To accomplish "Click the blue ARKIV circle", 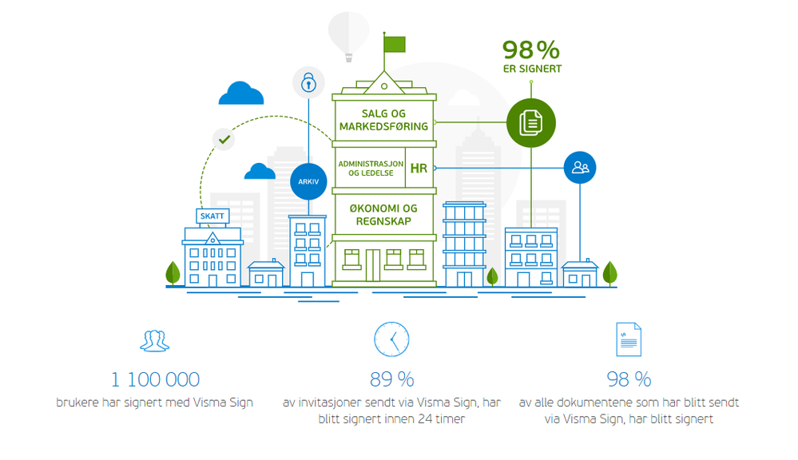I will [309, 181].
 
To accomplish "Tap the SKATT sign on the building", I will [212, 216].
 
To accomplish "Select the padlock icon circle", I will [308, 81].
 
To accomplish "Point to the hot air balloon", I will [349, 34].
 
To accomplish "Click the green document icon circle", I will [530, 122].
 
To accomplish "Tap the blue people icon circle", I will [580, 168].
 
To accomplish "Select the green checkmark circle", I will [224, 139].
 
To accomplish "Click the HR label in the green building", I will [419, 168].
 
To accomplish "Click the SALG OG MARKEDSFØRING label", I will [383, 120].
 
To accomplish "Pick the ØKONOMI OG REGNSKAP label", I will [384, 215].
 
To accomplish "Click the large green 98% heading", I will [531, 50].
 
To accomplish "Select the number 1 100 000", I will [155, 379].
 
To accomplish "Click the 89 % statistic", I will [391, 379].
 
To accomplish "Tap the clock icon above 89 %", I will [391, 339].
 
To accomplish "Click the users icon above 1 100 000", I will [155, 340].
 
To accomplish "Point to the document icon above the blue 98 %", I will [629, 339].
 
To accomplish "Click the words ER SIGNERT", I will [532, 69].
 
